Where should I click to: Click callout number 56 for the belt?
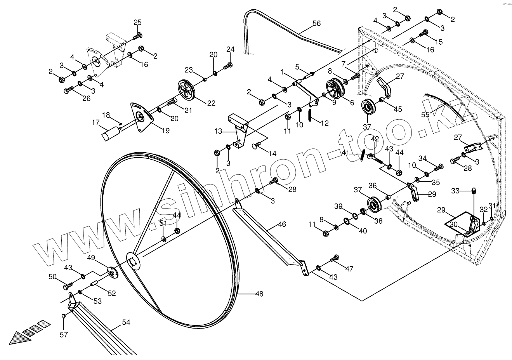click(x=316, y=23)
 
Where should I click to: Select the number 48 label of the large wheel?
click(x=259, y=294)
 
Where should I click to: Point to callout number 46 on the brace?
click(x=282, y=224)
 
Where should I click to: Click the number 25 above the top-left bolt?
click(x=137, y=23)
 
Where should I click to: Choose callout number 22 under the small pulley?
click(x=211, y=103)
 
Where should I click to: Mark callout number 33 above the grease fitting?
click(x=455, y=191)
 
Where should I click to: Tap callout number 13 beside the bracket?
click(x=219, y=132)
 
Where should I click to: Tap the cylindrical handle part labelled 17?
click(x=111, y=134)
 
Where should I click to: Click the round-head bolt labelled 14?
click(x=257, y=146)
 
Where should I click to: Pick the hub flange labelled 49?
click(x=112, y=271)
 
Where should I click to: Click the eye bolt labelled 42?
click(x=372, y=157)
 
